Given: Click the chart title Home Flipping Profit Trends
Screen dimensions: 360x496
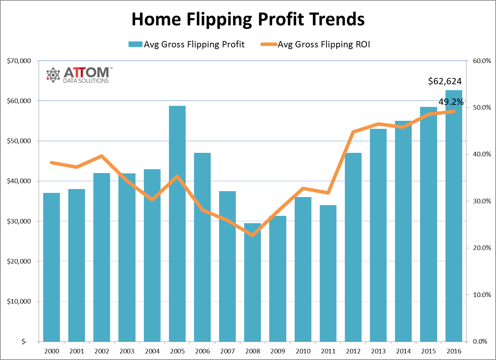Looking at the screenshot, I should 248,19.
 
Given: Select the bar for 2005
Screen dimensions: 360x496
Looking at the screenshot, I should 177,223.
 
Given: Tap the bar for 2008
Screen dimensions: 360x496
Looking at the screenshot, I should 253,282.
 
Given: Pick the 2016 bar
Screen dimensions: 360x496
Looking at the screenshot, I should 454,216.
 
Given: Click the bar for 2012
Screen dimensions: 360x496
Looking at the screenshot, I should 353,247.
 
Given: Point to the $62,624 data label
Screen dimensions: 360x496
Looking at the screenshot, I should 444,81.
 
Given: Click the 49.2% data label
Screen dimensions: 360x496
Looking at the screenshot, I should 451,102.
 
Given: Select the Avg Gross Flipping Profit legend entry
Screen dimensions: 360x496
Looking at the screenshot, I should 187,45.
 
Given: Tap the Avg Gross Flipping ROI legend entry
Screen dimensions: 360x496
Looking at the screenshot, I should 315,45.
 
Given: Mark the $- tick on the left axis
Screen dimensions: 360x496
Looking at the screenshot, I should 24,342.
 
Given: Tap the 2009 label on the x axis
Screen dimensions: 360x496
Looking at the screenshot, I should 278,351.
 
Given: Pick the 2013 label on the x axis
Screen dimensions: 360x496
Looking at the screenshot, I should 378,351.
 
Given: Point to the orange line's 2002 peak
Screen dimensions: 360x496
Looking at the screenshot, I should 102,156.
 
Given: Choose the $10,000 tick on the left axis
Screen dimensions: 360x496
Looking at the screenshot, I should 19,302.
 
